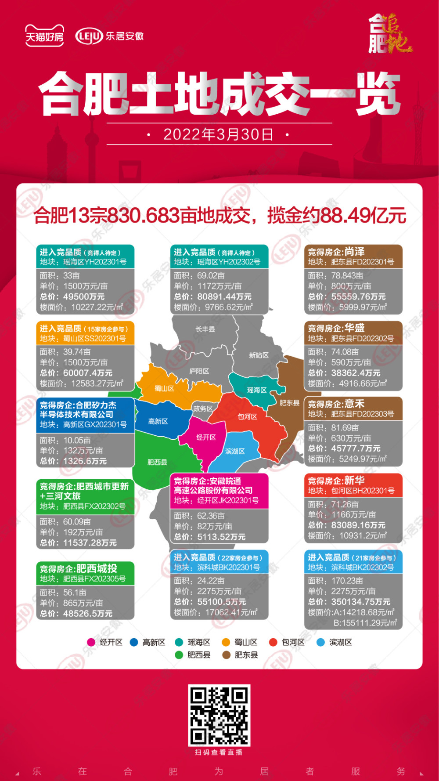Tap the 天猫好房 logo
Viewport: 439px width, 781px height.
(44, 36)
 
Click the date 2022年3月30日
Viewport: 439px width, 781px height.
(218, 134)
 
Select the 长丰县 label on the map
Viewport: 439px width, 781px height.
(205, 329)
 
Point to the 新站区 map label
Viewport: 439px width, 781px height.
(259, 355)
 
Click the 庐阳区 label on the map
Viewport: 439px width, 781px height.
(199, 371)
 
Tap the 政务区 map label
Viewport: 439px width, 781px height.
(203, 409)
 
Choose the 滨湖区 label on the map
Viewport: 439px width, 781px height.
(235, 451)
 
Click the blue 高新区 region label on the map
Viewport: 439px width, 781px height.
(158, 421)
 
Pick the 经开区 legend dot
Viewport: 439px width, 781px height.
(91, 642)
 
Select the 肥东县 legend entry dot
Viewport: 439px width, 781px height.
(227, 655)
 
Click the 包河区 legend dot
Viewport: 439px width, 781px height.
(273, 642)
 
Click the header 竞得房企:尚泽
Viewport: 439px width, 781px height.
(336, 252)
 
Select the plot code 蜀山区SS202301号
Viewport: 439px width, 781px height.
(94, 338)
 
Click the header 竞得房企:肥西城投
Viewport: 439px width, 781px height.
(79, 568)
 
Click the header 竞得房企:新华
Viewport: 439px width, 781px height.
(336, 481)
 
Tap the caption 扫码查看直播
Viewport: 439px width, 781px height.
(219, 752)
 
